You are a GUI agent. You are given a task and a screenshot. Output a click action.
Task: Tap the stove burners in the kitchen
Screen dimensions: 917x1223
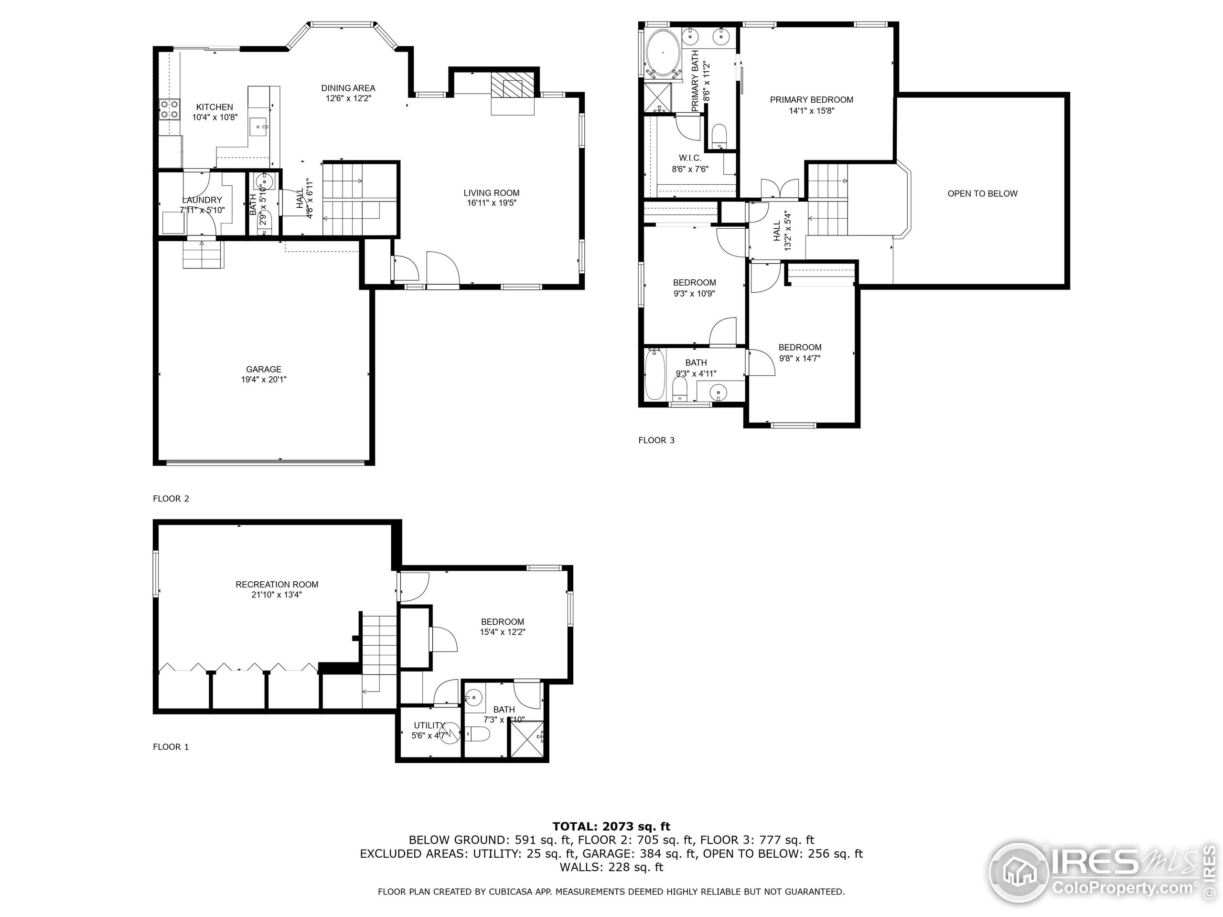click(169, 109)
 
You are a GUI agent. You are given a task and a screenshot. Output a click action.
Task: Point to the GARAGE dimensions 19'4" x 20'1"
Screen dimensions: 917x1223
click(264, 380)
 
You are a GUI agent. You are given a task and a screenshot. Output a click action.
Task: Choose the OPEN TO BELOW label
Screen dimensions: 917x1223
click(982, 193)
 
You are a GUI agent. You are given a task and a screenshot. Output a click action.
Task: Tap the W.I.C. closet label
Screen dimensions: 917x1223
click(689, 158)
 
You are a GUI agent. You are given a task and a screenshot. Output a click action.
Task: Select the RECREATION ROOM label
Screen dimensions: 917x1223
click(277, 584)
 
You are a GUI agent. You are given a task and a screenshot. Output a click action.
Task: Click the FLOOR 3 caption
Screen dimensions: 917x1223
click(656, 440)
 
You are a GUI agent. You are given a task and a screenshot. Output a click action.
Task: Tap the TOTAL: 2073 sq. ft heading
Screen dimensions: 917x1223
click(611, 826)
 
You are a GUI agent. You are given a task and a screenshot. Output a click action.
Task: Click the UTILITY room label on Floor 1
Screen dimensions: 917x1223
click(429, 725)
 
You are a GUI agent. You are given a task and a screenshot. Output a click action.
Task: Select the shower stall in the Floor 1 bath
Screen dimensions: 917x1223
click(526, 739)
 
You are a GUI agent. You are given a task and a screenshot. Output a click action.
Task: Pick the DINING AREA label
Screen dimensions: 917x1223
click(348, 88)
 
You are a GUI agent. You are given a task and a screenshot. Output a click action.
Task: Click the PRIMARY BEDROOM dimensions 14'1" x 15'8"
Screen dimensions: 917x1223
click(811, 110)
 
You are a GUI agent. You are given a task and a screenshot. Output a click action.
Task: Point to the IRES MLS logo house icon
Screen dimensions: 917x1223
click(1018, 874)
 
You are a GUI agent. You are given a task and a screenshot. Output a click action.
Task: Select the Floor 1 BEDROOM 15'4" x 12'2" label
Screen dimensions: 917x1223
click(502, 622)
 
